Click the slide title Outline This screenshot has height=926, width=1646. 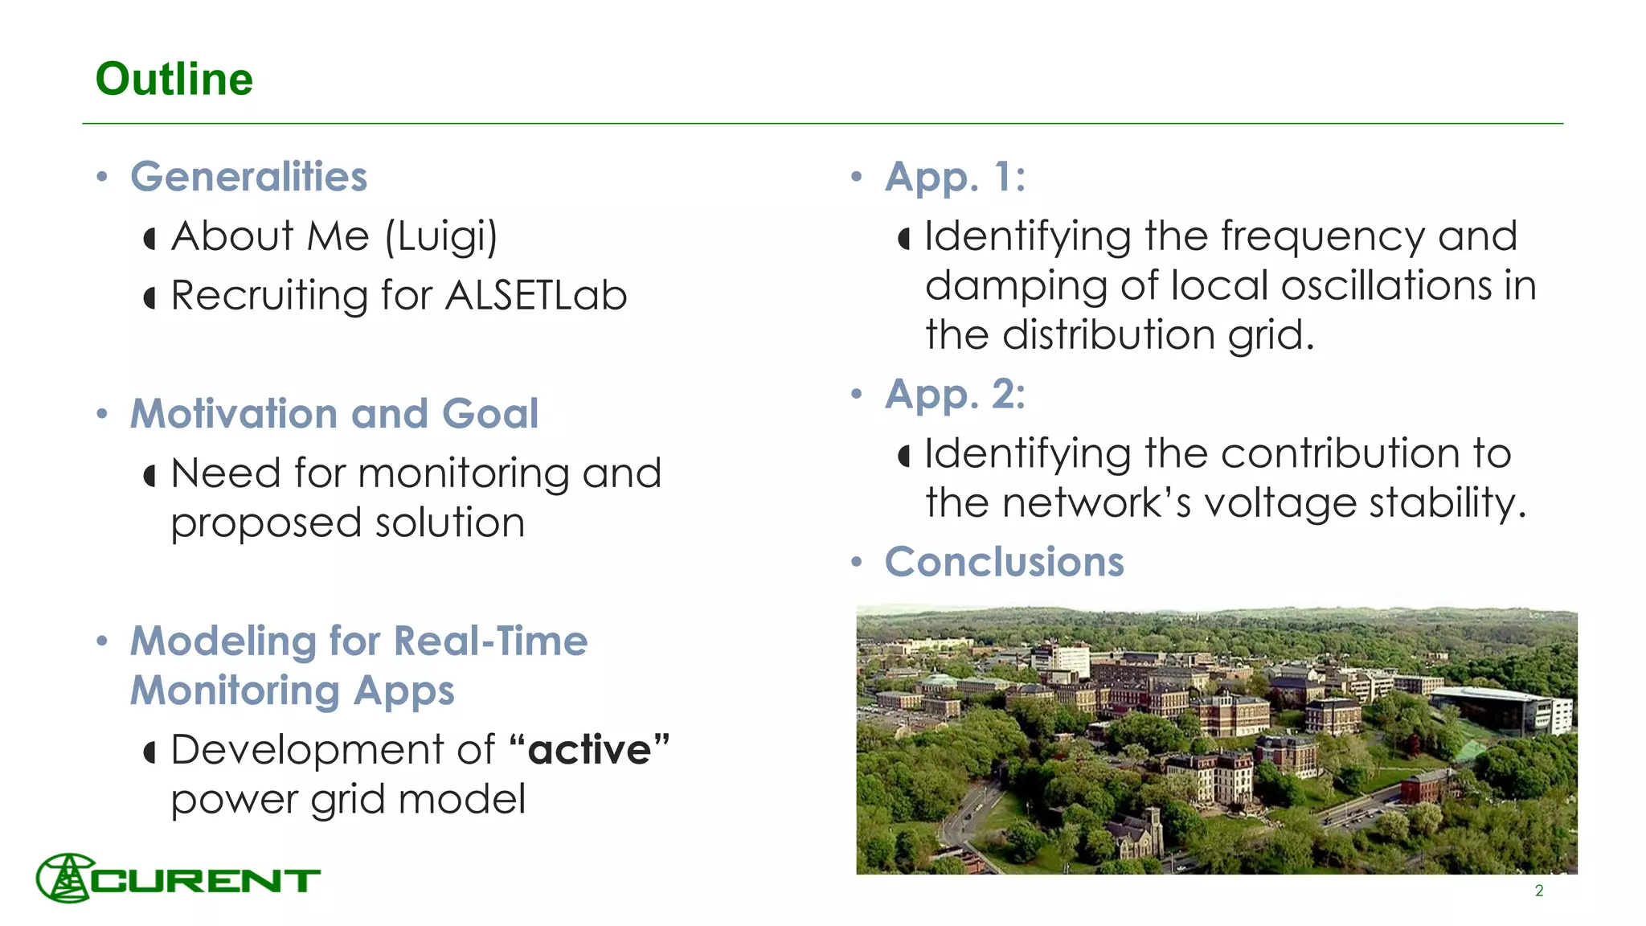(174, 80)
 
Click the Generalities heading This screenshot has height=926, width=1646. (248, 177)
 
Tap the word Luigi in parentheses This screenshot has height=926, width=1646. (441, 237)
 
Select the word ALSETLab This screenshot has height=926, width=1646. (536, 295)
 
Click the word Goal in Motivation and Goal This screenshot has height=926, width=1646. (490, 414)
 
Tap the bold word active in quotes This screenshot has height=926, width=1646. (590, 750)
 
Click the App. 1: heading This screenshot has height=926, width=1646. (955, 177)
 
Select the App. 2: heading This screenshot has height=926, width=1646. (955, 395)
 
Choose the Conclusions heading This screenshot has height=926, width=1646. (1004, 562)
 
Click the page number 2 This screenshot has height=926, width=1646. (1538, 891)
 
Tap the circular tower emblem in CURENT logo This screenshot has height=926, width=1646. (66, 878)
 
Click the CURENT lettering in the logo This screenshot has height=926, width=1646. (207, 881)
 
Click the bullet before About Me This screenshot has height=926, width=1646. (149, 239)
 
